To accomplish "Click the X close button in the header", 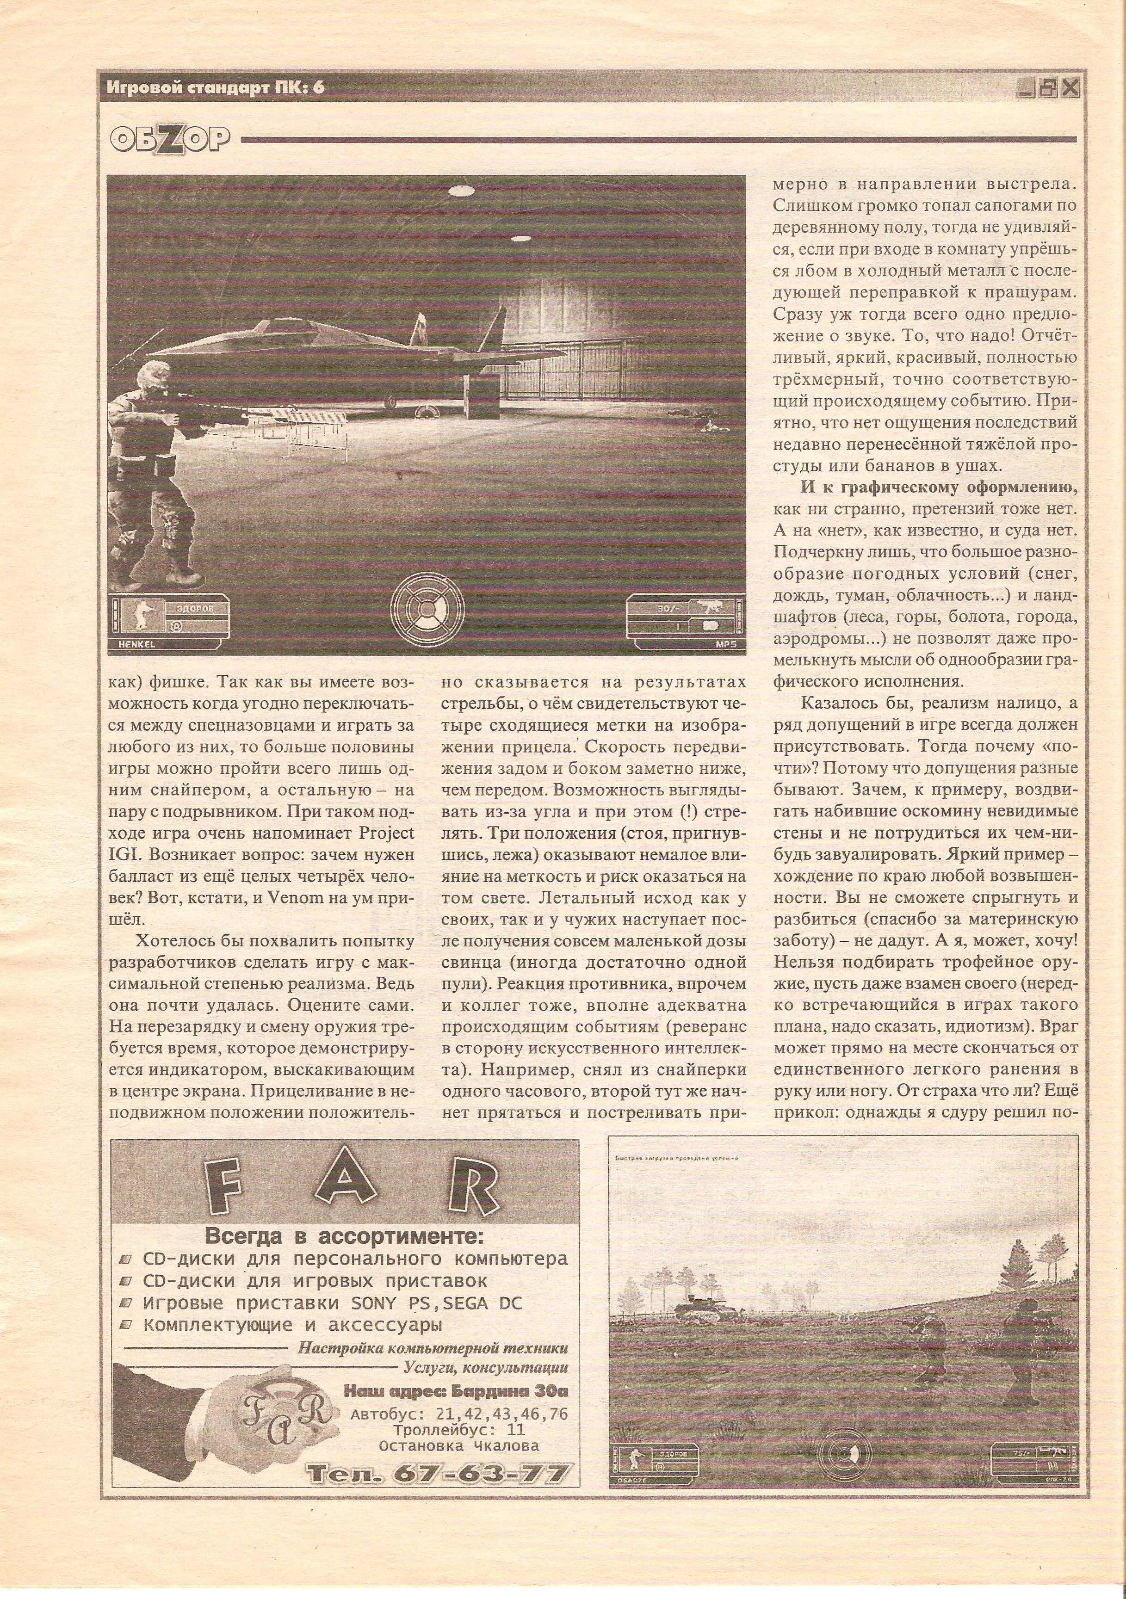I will [x=1070, y=88].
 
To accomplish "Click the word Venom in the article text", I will [x=284, y=897].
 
